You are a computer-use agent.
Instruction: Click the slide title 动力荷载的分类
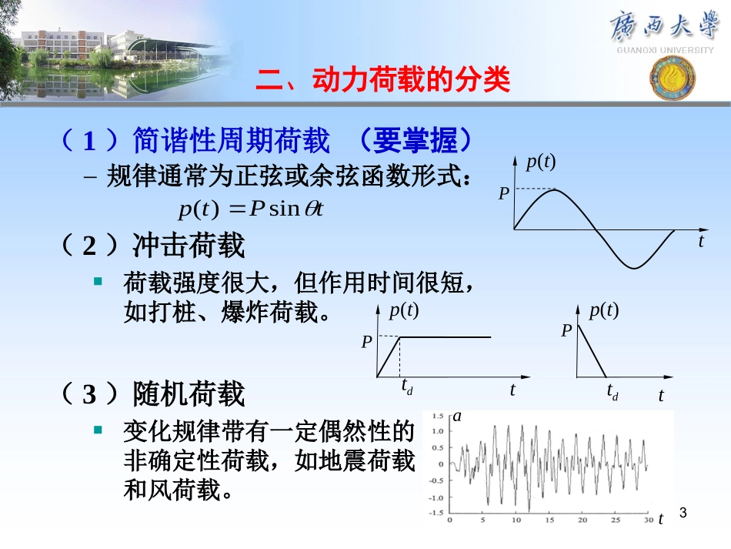click(x=382, y=80)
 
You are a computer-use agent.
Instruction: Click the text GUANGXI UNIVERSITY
click(x=666, y=50)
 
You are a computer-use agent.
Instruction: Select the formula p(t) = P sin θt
click(x=248, y=208)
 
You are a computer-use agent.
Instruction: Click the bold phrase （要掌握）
click(x=415, y=140)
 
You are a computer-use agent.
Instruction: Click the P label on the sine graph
click(x=503, y=193)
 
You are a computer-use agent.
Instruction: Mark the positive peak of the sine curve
click(x=555, y=189)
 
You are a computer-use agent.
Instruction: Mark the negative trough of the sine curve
click(x=633, y=268)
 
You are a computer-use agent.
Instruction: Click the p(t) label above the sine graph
click(x=541, y=162)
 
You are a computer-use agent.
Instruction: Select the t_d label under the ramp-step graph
click(x=406, y=389)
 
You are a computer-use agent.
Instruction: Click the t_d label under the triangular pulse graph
click(x=613, y=392)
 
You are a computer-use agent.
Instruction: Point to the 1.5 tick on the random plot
click(x=437, y=416)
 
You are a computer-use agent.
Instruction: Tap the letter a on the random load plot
click(x=457, y=417)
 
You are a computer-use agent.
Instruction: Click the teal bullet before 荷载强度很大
click(x=98, y=282)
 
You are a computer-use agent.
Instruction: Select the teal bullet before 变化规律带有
click(x=98, y=430)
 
